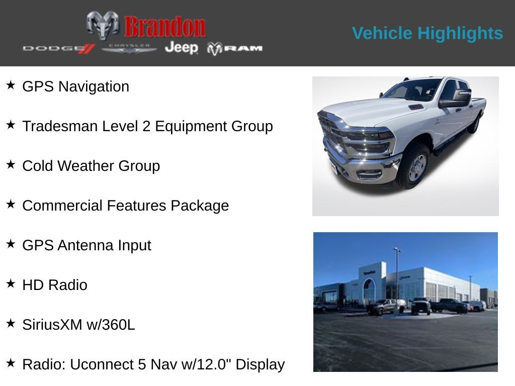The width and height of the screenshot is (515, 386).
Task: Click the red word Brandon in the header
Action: point(165,27)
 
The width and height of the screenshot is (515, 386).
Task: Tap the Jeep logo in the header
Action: point(181,48)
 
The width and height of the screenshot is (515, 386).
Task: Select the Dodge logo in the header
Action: point(58,48)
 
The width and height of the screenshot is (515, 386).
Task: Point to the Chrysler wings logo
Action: point(129,48)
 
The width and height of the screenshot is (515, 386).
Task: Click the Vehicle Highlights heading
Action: point(427,33)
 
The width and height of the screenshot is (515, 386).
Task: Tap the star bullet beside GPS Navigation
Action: point(11,85)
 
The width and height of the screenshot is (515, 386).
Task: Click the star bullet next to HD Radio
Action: point(11,283)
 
